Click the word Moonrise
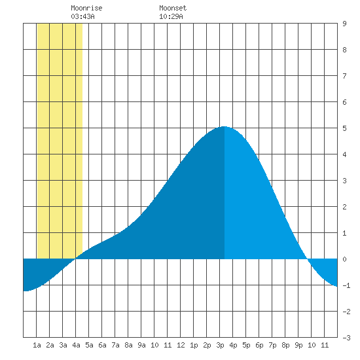tap(86, 8)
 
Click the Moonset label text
tap(173, 8)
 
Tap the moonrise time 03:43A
tap(82, 16)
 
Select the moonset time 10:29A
tap(171, 16)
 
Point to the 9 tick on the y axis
tap(344, 24)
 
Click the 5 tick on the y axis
tap(344, 128)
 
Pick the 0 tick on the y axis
tap(344, 259)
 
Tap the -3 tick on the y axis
tap(346, 338)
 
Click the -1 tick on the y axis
tap(346, 285)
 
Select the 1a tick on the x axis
tap(37, 345)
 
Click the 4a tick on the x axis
tap(76, 345)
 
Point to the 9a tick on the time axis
tap(141, 345)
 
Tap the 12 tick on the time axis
tap(181, 345)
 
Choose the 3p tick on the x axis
tap(220, 345)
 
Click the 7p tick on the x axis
tap(272, 345)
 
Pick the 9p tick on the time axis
tap(298, 345)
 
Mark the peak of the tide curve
tap(224, 126)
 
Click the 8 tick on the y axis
tap(344, 50)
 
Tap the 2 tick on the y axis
tap(344, 207)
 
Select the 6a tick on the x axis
tap(102, 345)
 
